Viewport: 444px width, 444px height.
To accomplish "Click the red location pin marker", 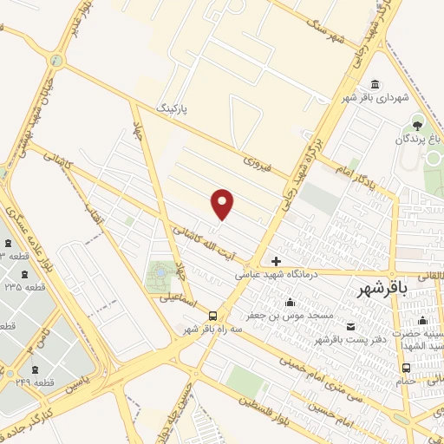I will (223, 204).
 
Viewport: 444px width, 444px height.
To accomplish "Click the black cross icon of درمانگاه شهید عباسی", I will (276, 260).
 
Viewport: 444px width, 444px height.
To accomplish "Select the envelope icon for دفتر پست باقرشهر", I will (350, 326).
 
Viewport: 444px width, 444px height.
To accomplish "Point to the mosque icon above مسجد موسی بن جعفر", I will (290, 303).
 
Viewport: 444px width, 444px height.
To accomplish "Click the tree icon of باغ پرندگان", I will (418, 124).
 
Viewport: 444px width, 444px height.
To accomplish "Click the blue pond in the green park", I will (159, 274).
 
